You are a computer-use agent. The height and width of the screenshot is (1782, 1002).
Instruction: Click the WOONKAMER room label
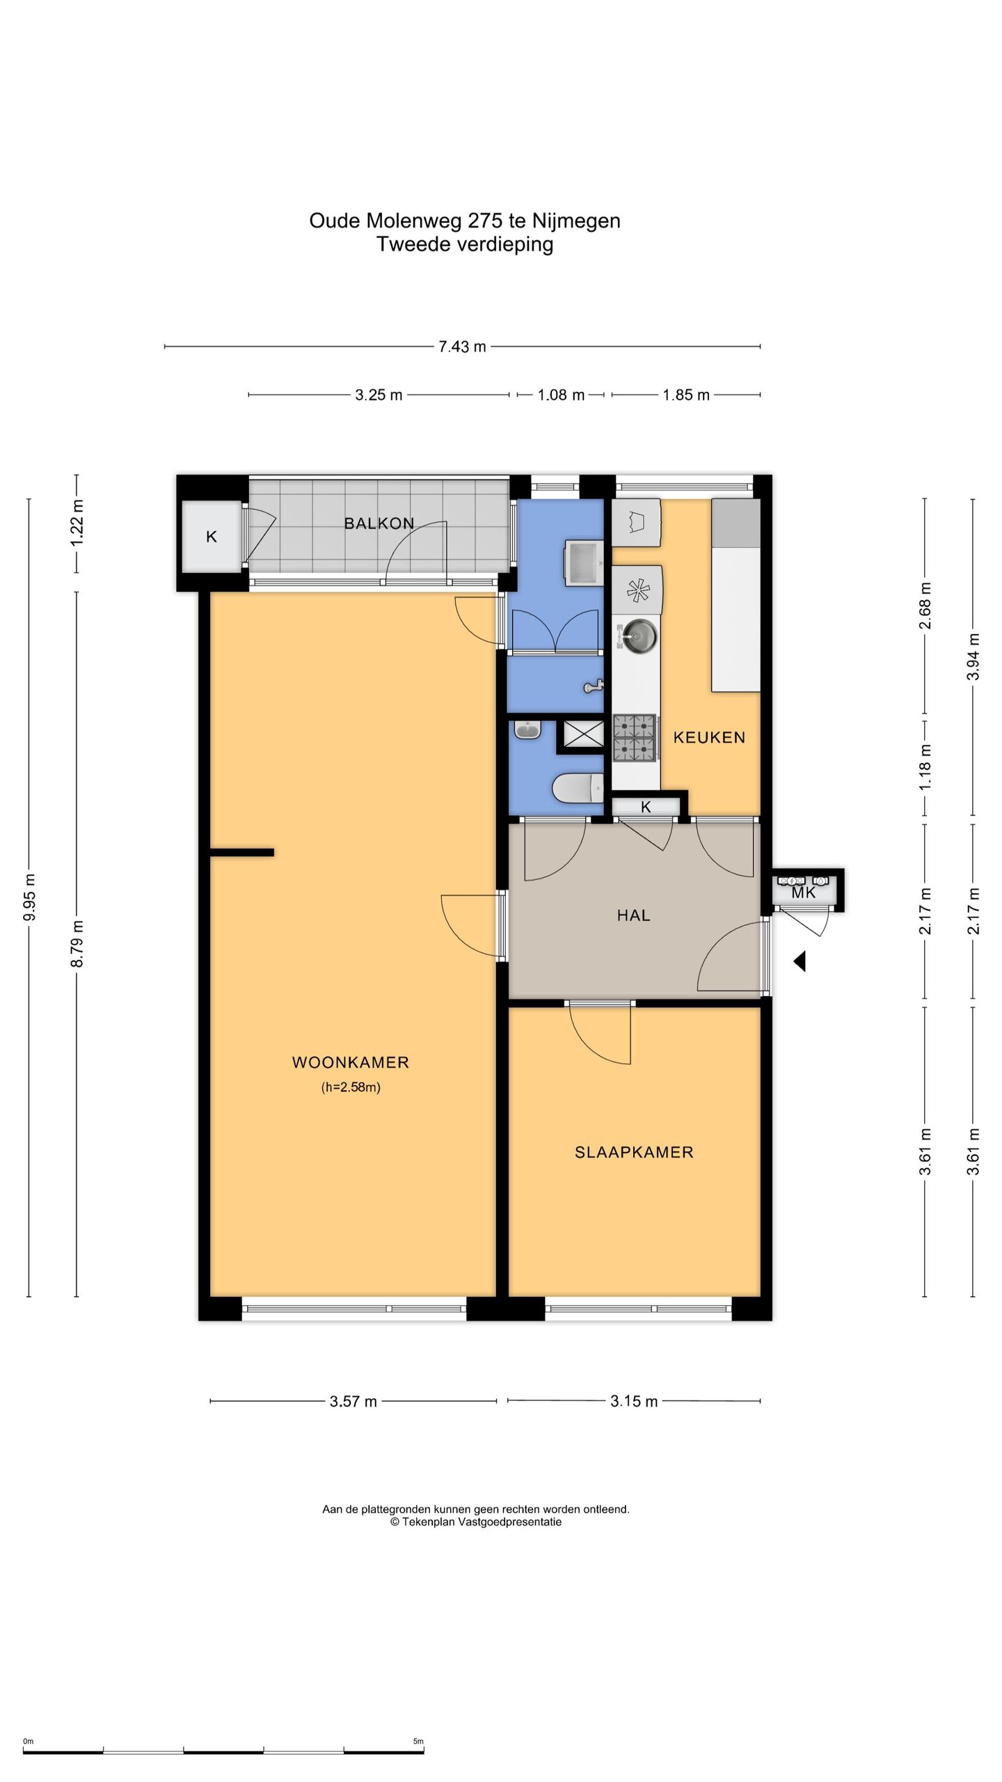coord(350,1062)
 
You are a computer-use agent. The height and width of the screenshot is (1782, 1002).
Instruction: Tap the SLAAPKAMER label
coord(634,1152)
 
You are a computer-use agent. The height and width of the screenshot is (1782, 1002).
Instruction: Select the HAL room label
coord(633,915)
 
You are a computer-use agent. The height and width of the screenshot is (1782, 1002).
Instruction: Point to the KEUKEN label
coord(709,737)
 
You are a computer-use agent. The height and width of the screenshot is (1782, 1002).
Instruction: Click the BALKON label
coord(379,523)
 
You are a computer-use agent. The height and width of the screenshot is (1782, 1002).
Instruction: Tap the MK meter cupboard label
coord(804,892)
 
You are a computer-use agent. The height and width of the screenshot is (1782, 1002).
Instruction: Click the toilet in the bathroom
coord(578,789)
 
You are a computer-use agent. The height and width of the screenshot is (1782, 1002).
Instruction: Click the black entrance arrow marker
coord(800,961)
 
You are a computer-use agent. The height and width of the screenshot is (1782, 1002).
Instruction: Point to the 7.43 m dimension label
coord(462,347)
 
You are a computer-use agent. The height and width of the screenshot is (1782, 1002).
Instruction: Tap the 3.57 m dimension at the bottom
coord(353,1401)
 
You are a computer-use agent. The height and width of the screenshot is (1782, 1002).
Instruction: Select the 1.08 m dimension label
coord(561,395)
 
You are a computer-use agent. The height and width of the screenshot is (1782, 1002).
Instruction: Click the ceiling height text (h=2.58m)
coord(351,1087)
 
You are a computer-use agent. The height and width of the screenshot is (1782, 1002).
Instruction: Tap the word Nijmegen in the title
coord(576,221)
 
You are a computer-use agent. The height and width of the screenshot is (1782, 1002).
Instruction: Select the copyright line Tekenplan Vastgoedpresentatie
coord(476,1522)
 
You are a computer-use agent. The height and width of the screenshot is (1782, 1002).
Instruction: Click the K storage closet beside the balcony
coord(212,537)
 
